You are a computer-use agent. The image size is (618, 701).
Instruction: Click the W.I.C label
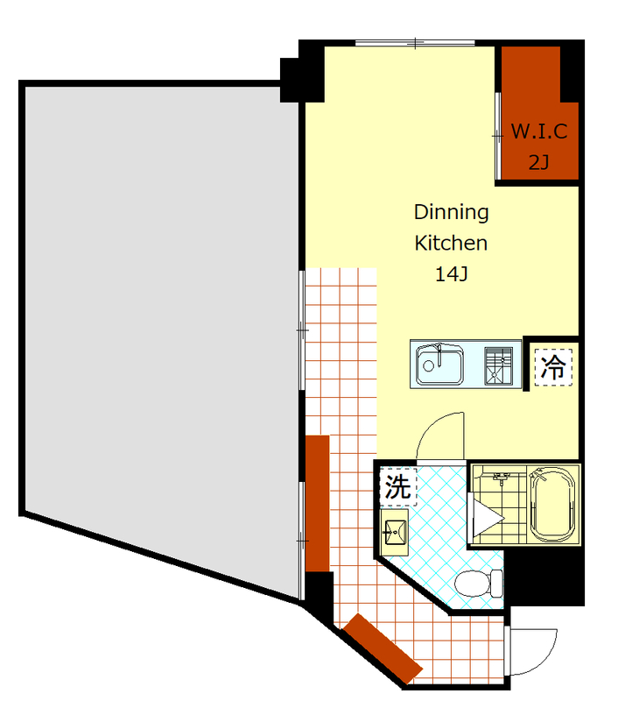tap(539, 131)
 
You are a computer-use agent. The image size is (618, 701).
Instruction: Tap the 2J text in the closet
tap(538, 162)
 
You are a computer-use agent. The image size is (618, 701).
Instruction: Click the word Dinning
tap(451, 212)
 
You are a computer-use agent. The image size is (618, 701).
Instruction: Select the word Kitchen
tap(451, 244)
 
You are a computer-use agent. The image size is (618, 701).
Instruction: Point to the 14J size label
tap(451, 274)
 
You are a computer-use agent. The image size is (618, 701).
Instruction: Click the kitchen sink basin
tap(439, 364)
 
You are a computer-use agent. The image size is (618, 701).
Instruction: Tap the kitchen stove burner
tap(498, 365)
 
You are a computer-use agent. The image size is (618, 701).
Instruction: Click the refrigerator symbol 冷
tap(553, 367)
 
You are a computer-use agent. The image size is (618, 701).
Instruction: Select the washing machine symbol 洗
tap(398, 486)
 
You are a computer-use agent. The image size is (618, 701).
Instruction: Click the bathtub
tap(553, 505)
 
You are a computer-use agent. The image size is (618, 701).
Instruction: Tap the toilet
tap(479, 583)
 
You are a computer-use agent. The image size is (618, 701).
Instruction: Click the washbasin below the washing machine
tap(395, 532)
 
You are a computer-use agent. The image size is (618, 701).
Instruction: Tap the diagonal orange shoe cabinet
tap(383, 649)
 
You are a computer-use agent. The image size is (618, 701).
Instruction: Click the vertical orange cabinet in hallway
tap(318, 503)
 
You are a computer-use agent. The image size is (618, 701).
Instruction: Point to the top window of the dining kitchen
tap(415, 43)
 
